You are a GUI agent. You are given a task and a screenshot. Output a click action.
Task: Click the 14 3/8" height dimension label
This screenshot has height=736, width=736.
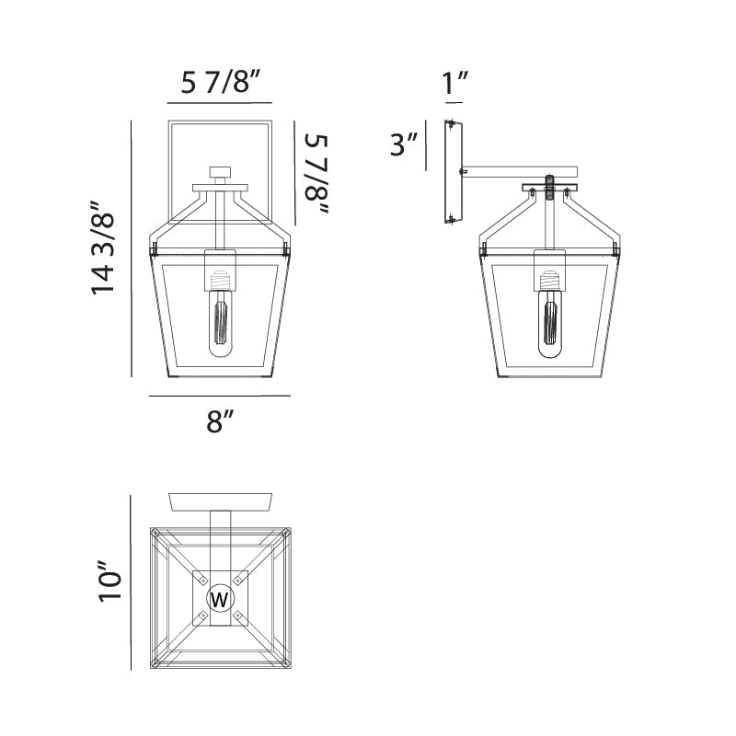(102, 247)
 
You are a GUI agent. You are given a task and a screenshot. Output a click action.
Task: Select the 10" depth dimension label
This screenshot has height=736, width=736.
(109, 581)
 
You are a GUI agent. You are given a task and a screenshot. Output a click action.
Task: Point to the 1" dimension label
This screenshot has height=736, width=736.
(454, 83)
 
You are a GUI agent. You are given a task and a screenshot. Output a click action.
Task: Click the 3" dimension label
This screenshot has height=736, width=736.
(404, 144)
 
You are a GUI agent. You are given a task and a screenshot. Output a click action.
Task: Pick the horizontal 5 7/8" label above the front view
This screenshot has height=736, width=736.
(220, 82)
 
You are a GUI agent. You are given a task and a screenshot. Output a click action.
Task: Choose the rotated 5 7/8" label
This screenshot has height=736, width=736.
(316, 174)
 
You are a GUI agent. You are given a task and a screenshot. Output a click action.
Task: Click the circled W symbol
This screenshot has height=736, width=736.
(220, 599)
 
